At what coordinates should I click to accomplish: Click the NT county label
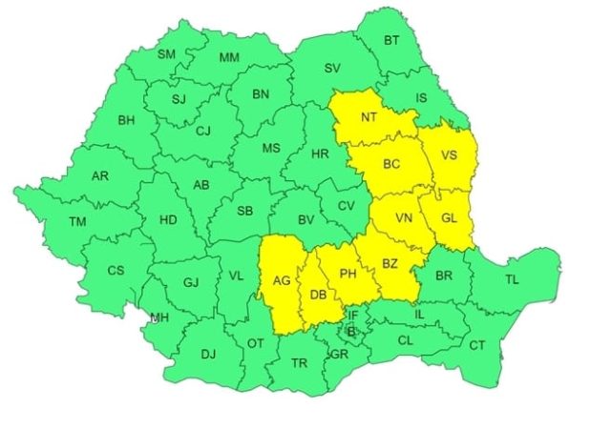369,119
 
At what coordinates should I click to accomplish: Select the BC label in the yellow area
391,164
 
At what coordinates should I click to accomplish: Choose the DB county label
316,295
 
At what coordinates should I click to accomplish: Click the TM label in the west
77,222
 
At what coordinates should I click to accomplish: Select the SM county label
168,53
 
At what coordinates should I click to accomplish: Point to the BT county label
391,40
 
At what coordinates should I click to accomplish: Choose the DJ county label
208,355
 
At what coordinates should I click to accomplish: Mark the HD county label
168,220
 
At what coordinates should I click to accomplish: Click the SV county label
332,69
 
